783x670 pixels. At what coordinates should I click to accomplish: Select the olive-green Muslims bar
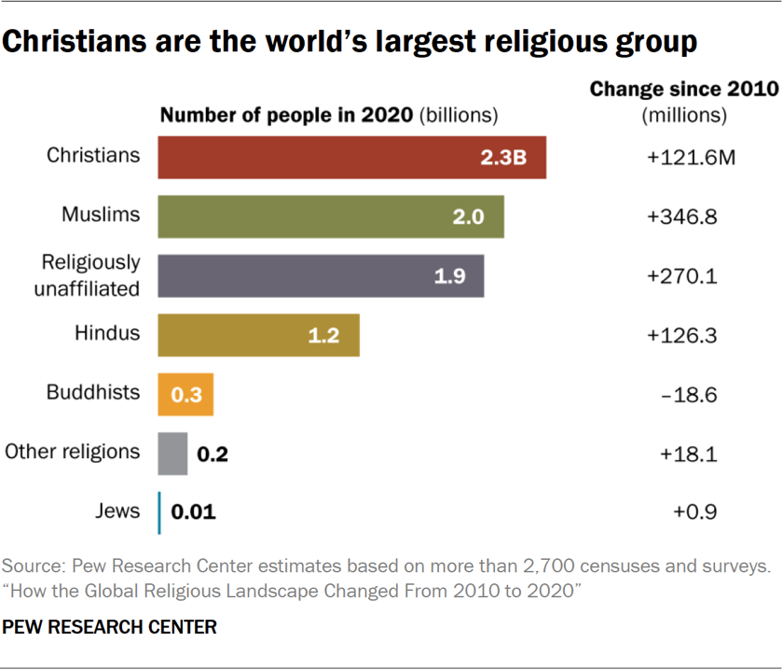[331, 216]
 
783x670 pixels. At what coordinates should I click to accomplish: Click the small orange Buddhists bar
[186, 395]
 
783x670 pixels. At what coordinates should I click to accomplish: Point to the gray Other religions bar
[172, 454]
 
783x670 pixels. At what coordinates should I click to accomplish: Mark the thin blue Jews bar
[160, 512]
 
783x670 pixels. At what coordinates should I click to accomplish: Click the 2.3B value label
[503, 158]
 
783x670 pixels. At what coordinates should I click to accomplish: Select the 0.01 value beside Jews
[194, 512]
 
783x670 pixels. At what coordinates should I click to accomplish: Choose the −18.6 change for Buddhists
[691, 395]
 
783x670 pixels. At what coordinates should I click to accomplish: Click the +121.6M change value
[691, 158]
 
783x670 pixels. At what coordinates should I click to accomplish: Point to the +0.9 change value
[694, 512]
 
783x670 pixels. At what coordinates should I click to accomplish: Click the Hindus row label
[107, 332]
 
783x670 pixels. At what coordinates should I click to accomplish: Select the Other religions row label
[73, 453]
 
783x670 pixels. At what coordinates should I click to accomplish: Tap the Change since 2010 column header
[684, 90]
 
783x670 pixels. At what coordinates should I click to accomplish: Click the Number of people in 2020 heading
[288, 116]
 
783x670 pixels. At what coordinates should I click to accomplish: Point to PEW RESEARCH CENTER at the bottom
[110, 627]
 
